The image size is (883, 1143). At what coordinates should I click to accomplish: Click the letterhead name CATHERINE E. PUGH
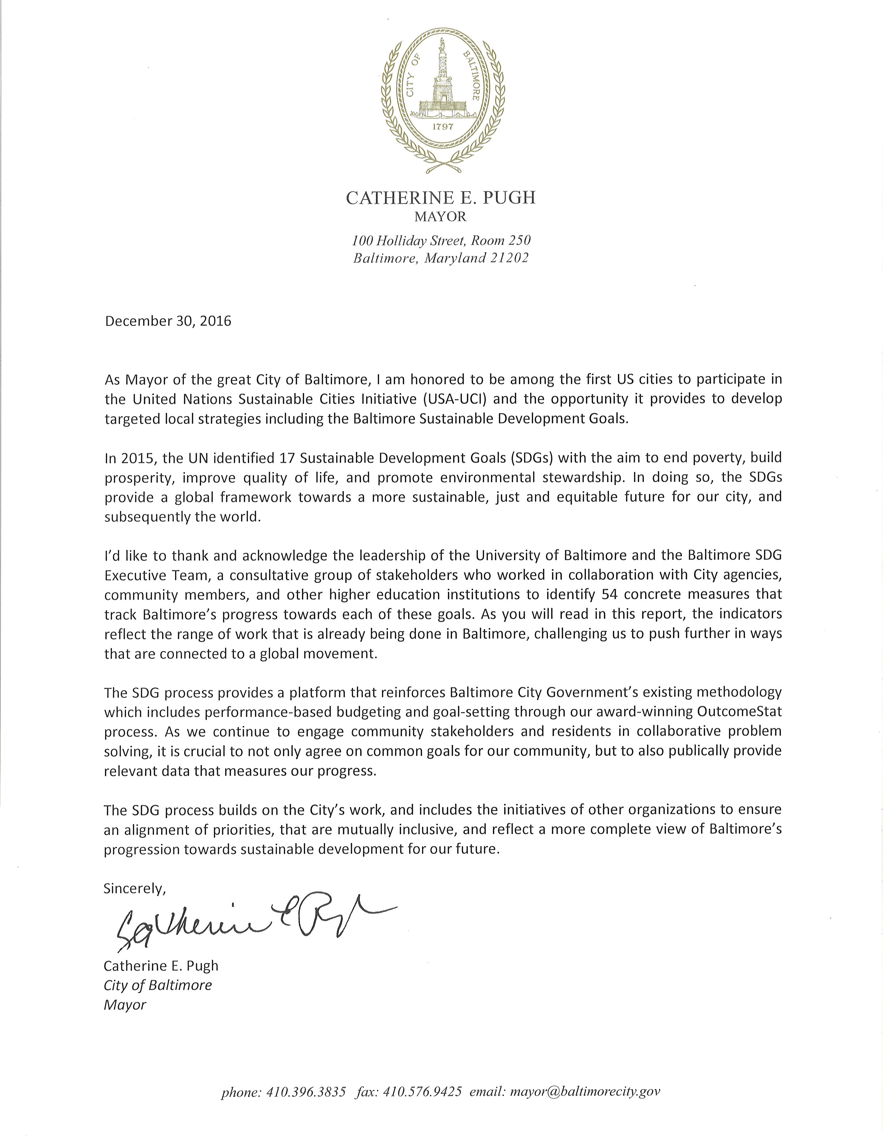(x=441, y=197)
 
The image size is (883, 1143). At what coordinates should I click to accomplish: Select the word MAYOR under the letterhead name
(x=440, y=216)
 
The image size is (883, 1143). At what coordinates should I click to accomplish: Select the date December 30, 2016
(x=168, y=321)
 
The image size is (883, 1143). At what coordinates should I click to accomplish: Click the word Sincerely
(x=134, y=888)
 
